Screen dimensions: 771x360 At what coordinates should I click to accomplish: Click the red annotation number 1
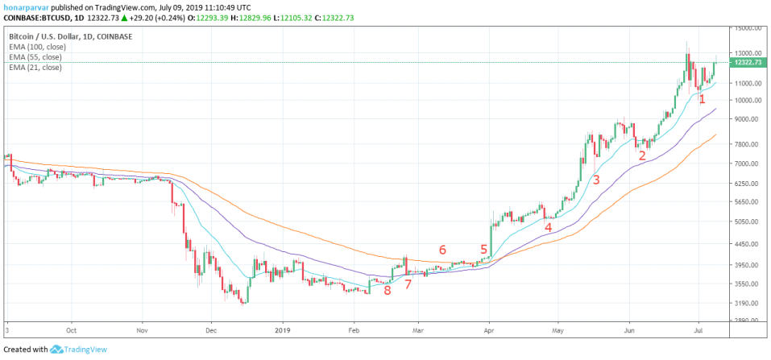[703, 99]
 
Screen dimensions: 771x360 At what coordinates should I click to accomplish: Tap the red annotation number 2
[641, 156]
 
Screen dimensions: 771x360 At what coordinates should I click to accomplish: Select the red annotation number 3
[596, 180]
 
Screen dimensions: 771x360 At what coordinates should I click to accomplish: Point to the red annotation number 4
[549, 227]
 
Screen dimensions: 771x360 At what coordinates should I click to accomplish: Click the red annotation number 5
[484, 249]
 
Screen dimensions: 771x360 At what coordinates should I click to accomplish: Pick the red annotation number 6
[442, 250]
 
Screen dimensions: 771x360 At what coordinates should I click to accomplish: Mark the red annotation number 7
[408, 284]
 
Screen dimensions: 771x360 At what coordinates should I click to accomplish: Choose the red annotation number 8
[388, 290]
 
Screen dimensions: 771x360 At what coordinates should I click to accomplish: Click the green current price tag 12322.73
[748, 63]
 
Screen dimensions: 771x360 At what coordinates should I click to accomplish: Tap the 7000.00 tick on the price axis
[748, 163]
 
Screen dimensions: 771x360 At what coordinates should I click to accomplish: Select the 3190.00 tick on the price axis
[748, 304]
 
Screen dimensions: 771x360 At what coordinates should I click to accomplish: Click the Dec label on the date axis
[211, 330]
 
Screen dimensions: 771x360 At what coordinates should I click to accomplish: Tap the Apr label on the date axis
[489, 330]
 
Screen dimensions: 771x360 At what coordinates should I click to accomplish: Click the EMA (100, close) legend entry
[38, 48]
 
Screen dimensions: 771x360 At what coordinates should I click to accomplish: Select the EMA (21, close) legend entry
[36, 68]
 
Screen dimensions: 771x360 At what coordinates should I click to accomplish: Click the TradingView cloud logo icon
[56, 350]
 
